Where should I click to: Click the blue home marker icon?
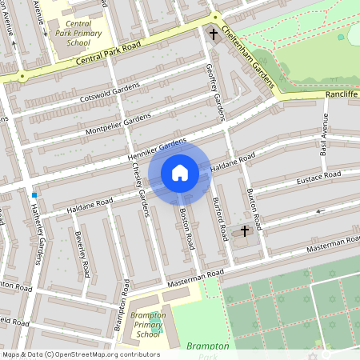[x=180, y=173]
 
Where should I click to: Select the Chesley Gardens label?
[x=140, y=192]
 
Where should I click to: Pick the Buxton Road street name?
[x=252, y=207]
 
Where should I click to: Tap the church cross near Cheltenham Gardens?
[x=214, y=34]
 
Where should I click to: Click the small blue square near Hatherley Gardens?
[x=34, y=195]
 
